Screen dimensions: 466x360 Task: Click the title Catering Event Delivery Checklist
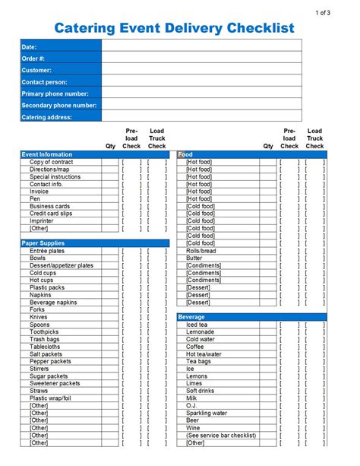pyautogui.click(x=174, y=28)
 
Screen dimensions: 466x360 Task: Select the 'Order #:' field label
pyautogui.click(x=35, y=59)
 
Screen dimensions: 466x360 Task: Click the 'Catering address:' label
pyautogui.click(x=47, y=117)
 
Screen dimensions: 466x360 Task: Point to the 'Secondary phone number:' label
pyautogui.click(x=59, y=106)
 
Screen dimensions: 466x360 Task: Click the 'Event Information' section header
pyautogui.click(x=47, y=154)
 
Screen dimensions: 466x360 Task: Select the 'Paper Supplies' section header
pyautogui.click(x=43, y=243)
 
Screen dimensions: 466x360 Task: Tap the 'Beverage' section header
pyautogui.click(x=191, y=317)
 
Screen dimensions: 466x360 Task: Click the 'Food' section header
pyautogui.click(x=185, y=154)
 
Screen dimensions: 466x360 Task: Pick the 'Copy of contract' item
pyautogui.click(x=52, y=162)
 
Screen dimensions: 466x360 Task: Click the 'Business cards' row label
pyautogui.click(x=49, y=206)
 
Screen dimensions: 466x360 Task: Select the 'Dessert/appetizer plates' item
pyautogui.click(x=62, y=265)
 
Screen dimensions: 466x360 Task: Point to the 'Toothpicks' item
pyautogui.click(x=45, y=332)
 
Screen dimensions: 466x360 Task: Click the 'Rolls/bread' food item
pyautogui.click(x=201, y=251)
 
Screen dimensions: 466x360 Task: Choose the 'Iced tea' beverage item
pyautogui.click(x=197, y=325)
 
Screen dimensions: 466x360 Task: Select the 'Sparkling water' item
pyautogui.click(x=207, y=414)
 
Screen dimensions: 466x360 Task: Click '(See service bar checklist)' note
pyautogui.click(x=221, y=436)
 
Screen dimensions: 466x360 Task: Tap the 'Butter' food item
pyautogui.click(x=194, y=258)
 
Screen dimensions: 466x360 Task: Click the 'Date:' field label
pyautogui.click(x=30, y=47)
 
